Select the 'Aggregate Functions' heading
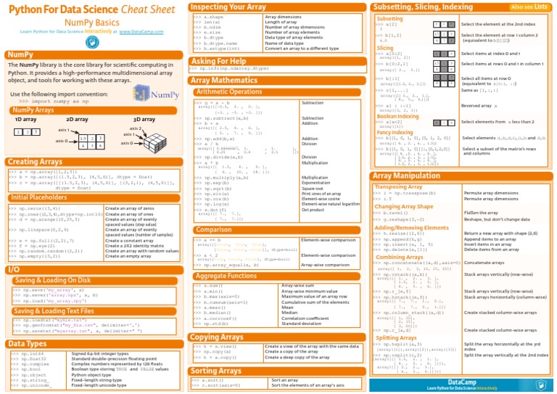coord(227,276)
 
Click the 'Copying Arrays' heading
coord(221,337)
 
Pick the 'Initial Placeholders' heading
coord(40,197)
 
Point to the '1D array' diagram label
coord(26,118)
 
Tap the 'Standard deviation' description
coord(324,324)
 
